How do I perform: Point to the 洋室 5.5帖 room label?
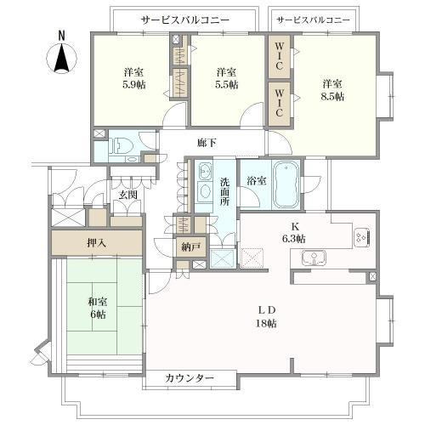[x=226, y=78]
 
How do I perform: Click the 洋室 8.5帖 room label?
[x=332, y=90]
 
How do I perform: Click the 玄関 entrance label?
[x=127, y=195]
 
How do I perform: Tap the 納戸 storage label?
[x=190, y=247]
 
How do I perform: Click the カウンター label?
[x=189, y=377]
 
